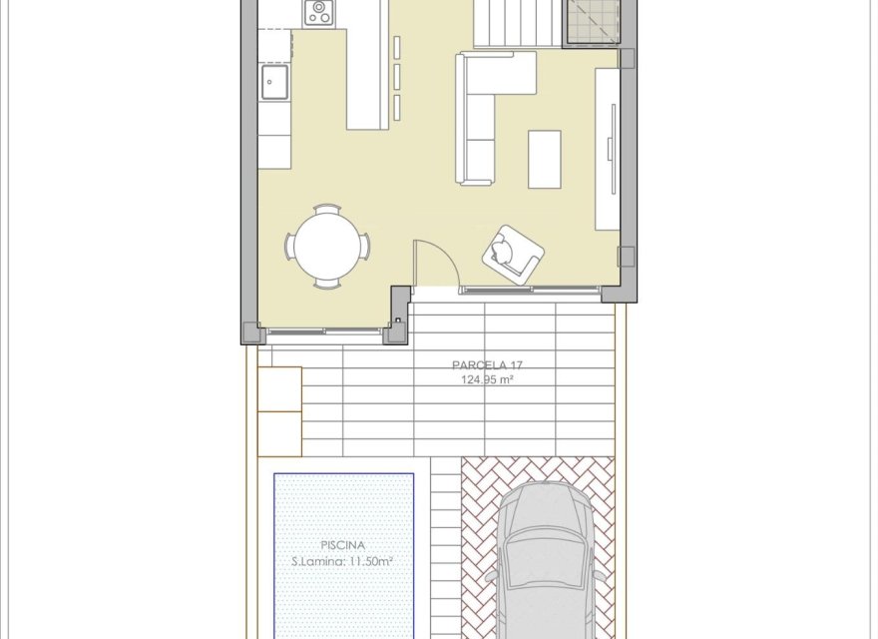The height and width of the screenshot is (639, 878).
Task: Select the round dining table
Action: click(x=328, y=246)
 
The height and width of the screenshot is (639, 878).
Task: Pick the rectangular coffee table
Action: click(x=545, y=159)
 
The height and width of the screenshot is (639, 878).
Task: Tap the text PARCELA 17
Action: click(x=487, y=365)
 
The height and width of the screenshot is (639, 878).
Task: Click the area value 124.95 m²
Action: click(x=487, y=380)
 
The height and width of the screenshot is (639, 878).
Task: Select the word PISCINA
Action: click(x=343, y=545)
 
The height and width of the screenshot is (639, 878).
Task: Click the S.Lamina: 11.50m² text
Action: click(x=342, y=562)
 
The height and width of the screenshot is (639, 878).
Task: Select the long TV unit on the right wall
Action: click(x=607, y=148)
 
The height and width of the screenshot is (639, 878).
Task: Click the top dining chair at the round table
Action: click(x=327, y=209)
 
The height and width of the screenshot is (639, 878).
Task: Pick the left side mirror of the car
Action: click(x=491, y=577)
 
